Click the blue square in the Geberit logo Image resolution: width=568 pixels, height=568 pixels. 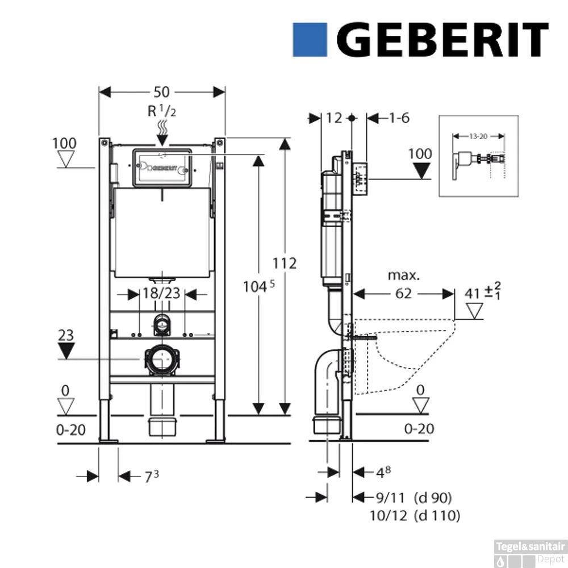pyautogui.click(x=310, y=40)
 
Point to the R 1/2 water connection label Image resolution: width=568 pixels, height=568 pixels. pyautogui.click(x=162, y=111)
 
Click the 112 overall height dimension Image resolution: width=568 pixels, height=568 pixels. pyautogui.click(x=285, y=264)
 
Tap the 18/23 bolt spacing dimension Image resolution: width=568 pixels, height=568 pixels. pyautogui.click(x=162, y=294)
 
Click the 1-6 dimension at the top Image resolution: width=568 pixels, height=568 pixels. pyautogui.click(x=399, y=118)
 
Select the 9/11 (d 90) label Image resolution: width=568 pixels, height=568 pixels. pyautogui.click(x=414, y=498)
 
